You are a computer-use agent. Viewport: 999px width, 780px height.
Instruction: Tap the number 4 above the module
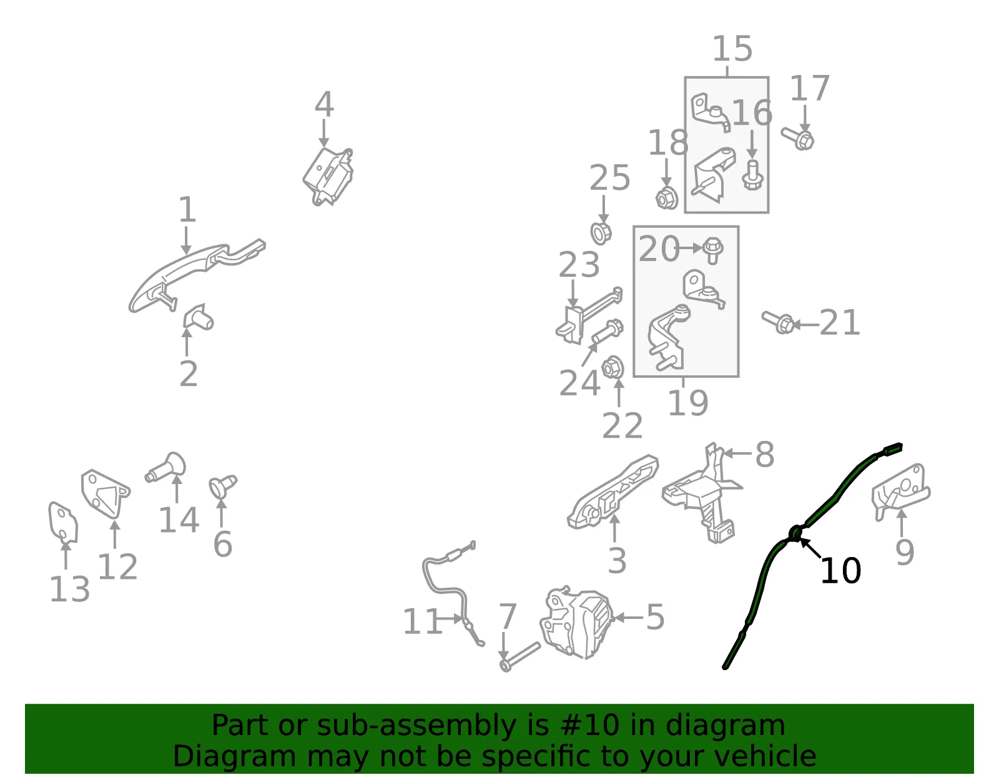pos(324,104)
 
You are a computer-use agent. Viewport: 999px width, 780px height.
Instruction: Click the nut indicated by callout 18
pos(667,199)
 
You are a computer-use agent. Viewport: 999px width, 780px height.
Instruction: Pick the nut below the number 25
pos(601,233)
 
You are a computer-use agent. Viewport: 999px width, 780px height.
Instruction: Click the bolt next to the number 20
pos(712,250)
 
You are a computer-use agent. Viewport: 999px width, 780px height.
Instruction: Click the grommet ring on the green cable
pos(795,534)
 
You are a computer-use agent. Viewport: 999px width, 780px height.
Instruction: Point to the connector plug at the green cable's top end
pos(892,449)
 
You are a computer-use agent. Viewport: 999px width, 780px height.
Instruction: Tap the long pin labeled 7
pos(520,657)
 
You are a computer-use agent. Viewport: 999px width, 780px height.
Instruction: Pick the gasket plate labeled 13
pos(63,522)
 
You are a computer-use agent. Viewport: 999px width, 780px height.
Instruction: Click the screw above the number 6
pos(222,486)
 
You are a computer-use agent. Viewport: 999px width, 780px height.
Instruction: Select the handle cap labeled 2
pos(198,317)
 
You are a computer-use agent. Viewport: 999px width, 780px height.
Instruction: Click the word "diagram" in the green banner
pos(725,725)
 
